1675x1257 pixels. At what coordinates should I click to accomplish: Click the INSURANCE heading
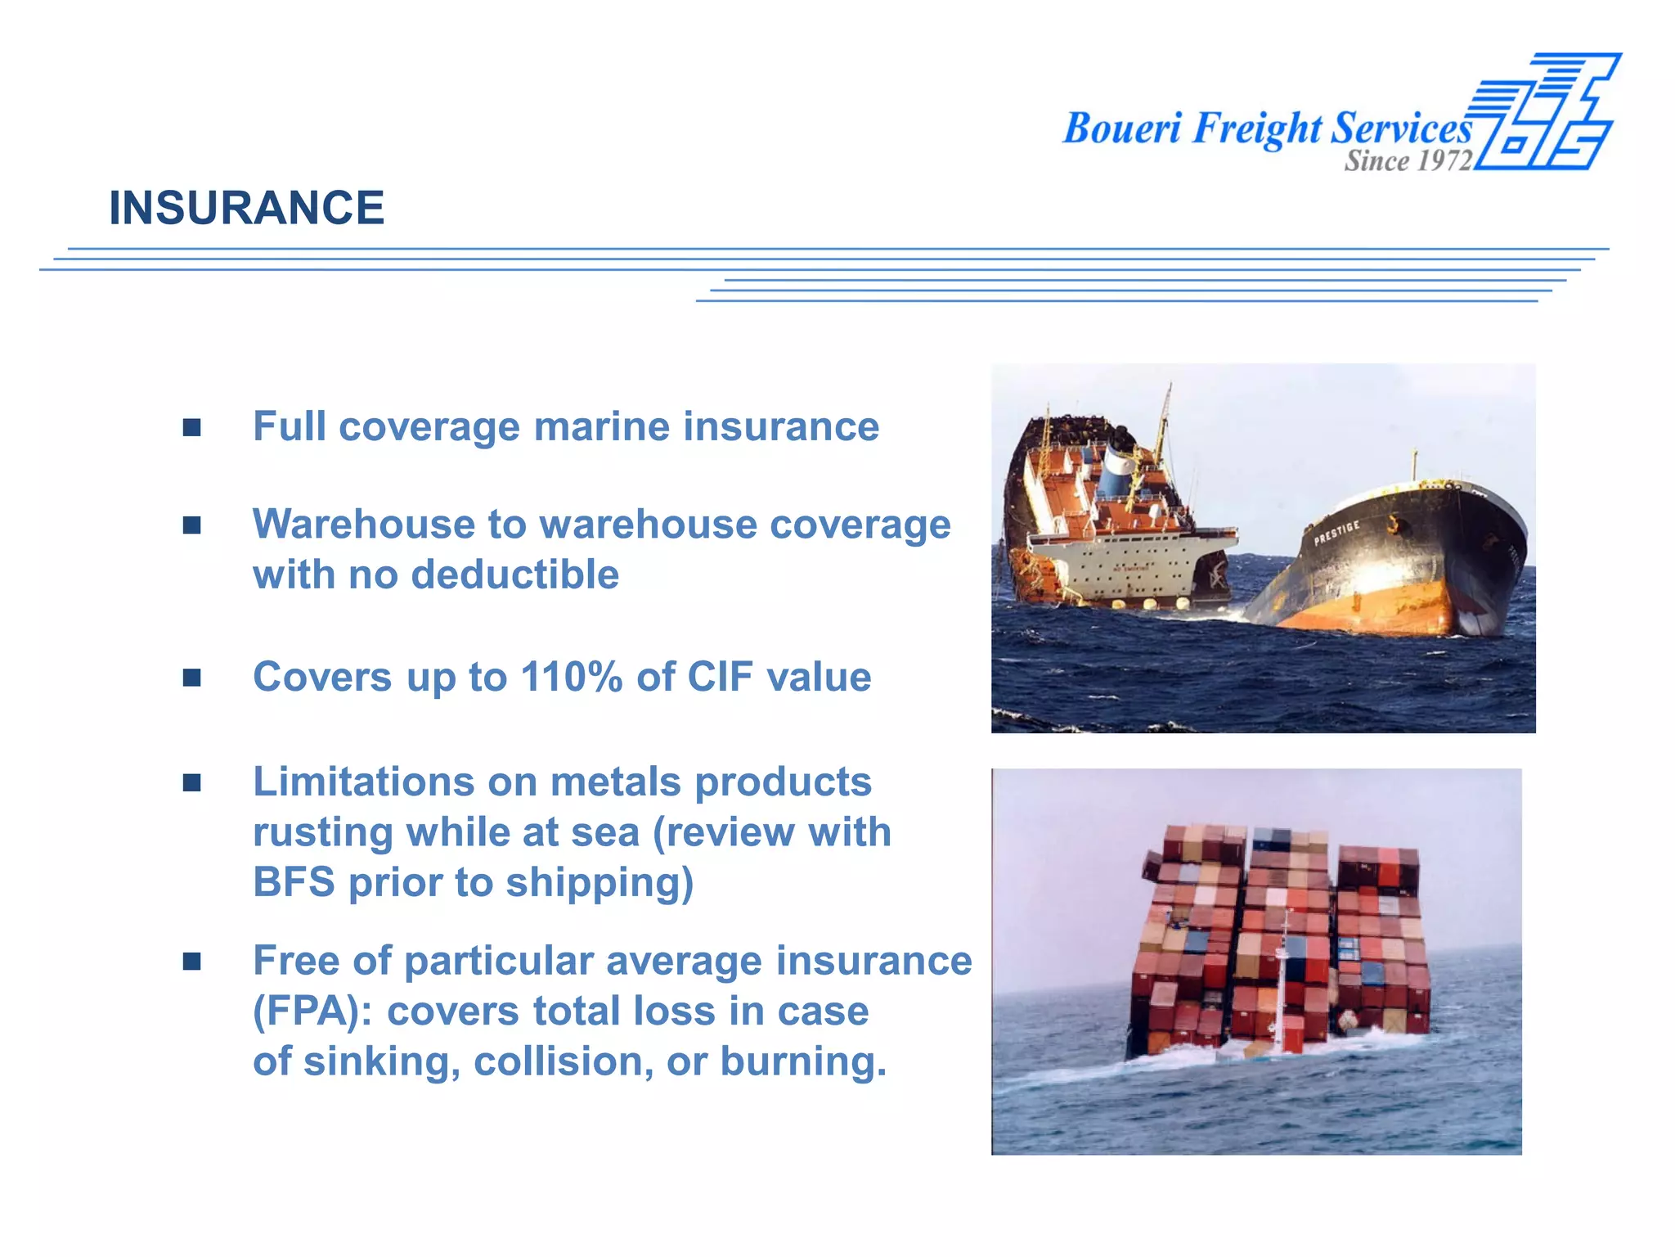click(246, 208)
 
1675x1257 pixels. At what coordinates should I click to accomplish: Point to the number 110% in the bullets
click(571, 678)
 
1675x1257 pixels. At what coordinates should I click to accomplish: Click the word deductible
click(514, 574)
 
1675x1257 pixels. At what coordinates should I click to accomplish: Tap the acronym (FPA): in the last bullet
click(312, 1011)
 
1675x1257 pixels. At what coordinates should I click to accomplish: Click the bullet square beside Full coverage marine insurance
click(192, 427)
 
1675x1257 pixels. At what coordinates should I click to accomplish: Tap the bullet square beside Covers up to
click(192, 678)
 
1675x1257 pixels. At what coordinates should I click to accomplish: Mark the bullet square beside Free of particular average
click(192, 962)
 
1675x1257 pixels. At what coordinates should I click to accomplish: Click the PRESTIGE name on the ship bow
click(1336, 533)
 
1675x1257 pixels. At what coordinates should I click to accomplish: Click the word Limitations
click(363, 782)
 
